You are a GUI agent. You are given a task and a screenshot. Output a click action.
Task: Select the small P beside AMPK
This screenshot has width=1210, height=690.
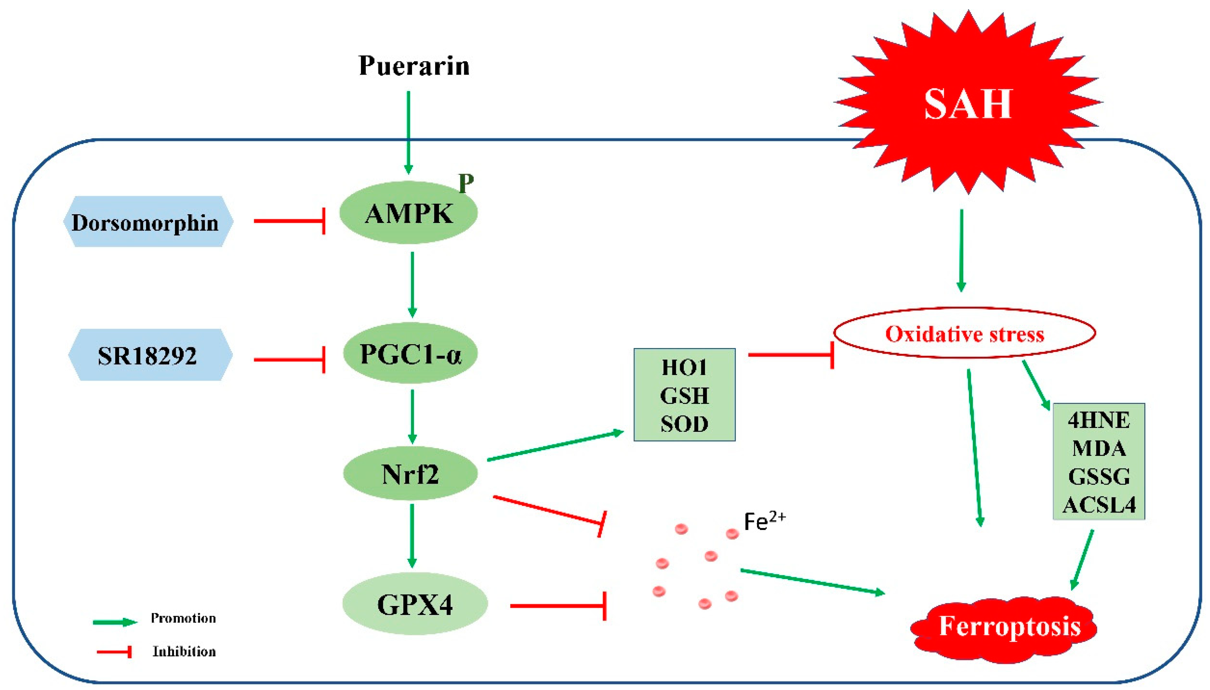click(466, 183)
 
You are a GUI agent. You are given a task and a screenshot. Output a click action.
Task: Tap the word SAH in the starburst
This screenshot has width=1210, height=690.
click(967, 104)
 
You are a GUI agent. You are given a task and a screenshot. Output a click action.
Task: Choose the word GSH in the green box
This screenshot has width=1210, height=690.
click(684, 395)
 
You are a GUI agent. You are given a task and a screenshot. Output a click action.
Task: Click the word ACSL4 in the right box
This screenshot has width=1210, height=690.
click(1099, 505)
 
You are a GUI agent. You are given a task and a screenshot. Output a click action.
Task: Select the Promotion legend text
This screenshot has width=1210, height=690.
click(183, 618)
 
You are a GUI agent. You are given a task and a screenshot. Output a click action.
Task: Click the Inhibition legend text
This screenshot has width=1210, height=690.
click(184, 652)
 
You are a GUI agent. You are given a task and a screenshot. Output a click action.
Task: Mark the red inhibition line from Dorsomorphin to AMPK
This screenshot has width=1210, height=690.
click(289, 221)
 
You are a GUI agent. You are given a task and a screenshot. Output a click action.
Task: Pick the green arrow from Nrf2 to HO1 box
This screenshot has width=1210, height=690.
click(555, 445)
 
